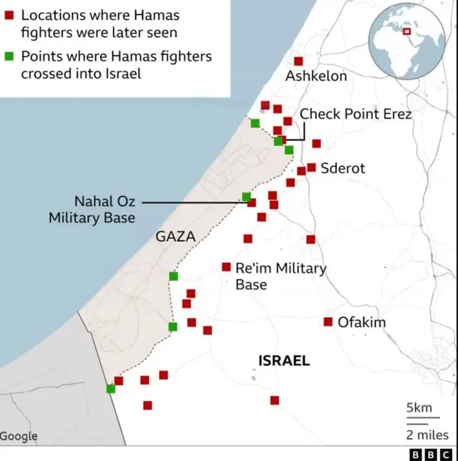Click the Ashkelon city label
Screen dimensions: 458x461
click(316, 77)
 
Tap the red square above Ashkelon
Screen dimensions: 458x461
click(298, 62)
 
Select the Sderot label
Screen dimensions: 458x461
click(343, 169)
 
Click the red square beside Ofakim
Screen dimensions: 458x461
click(328, 322)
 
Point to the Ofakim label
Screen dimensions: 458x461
click(361, 323)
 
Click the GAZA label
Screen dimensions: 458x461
click(175, 236)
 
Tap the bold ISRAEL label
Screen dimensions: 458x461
click(284, 361)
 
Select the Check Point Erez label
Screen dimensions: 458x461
click(355, 114)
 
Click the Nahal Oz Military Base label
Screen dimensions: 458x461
click(92, 209)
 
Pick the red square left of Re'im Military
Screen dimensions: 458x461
click(226, 267)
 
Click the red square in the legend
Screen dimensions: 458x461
click(9, 15)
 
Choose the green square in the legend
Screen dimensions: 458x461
click(9, 57)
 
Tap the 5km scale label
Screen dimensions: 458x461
click(419, 409)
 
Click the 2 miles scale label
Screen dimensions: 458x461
click(428, 435)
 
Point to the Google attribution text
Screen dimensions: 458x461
click(19, 436)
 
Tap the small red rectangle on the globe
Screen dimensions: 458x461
click(407, 31)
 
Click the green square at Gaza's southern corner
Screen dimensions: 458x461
click(110, 389)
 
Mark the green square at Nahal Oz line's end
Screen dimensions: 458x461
click(246, 197)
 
